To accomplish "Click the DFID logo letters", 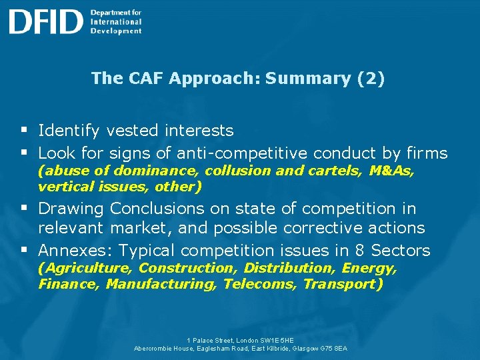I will [x=45, y=22].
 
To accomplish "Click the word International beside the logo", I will [x=116, y=21].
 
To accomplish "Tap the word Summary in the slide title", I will [x=308, y=78].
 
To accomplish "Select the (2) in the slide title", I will [x=371, y=78].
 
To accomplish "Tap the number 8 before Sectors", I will [x=359, y=251].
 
